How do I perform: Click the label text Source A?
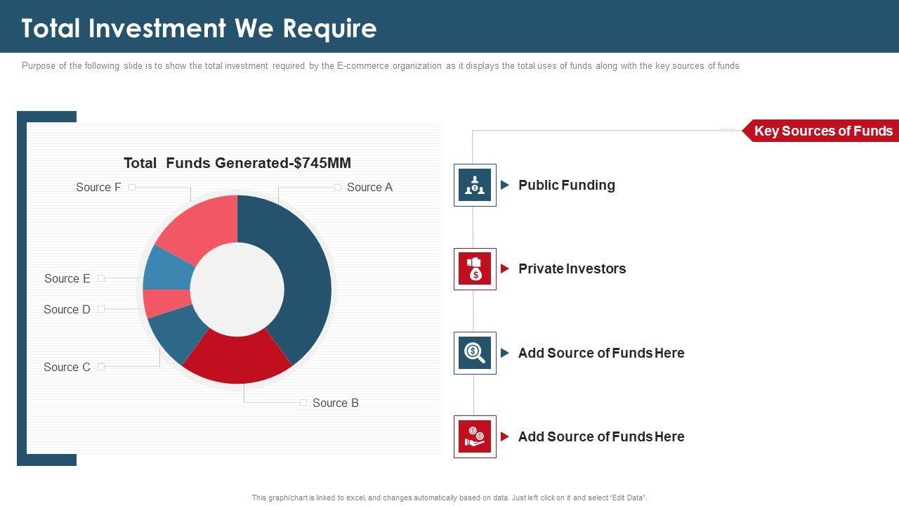click(x=369, y=187)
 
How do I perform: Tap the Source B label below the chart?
click(x=335, y=403)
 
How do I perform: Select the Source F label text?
click(x=98, y=187)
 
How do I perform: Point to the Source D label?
click(x=67, y=309)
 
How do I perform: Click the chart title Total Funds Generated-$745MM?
click(x=237, y=163)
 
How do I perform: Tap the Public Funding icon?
click(x=475, y=185)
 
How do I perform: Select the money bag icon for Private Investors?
click(x=475, y=268)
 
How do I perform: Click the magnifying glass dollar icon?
click(x=475, y=353)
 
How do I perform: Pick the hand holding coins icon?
click(x=475, y=436)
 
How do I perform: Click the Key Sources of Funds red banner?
click(x=822, y=131)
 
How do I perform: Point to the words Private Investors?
click(x=572, y=268)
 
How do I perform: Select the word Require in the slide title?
click(x=330, y=28)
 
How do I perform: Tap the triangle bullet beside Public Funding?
click(x=505, y=185)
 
